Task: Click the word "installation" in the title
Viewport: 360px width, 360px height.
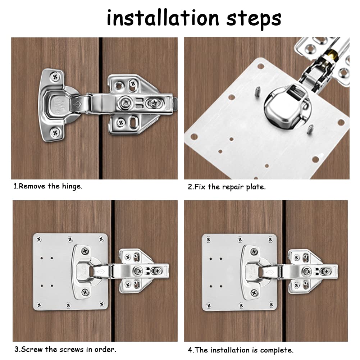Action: (x=163, y=18)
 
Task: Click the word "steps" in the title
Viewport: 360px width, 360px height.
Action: (x=254, y=19)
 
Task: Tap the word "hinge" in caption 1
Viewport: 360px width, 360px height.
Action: (x=71, y=186)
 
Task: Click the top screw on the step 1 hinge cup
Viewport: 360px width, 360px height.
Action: (x=55, y=77)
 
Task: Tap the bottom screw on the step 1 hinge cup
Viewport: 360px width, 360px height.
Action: (x=55, y=132)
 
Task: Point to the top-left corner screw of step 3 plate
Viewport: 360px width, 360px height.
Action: (x=39, y=239)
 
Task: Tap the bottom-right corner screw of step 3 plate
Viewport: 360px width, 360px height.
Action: (x=102, y=304)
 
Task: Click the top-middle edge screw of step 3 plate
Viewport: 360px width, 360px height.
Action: (x=70, y=240)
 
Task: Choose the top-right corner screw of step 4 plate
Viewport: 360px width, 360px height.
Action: (x=270, y=240)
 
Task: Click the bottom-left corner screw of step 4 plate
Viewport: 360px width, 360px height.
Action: (x=209, y=306)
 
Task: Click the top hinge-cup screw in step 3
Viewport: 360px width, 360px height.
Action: (x=85, y=251)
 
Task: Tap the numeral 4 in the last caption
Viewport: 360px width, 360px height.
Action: (x=190, y=350)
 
